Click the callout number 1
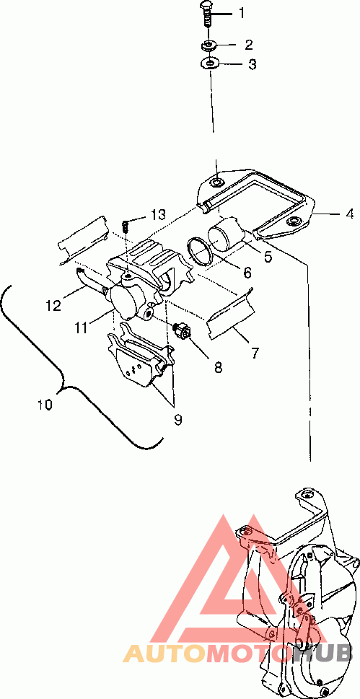point(242,13)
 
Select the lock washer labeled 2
point(208,45)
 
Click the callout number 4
point(350,214)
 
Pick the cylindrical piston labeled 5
point(226,233)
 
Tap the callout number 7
point(255,353)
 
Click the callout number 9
point(178,420)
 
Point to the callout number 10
point(45,405)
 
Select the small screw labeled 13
point(126,225)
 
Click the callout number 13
point(157,214)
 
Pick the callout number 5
point(267,258)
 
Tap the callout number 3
point(253,64)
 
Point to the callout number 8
point(218,367)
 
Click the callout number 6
point(247,273)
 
